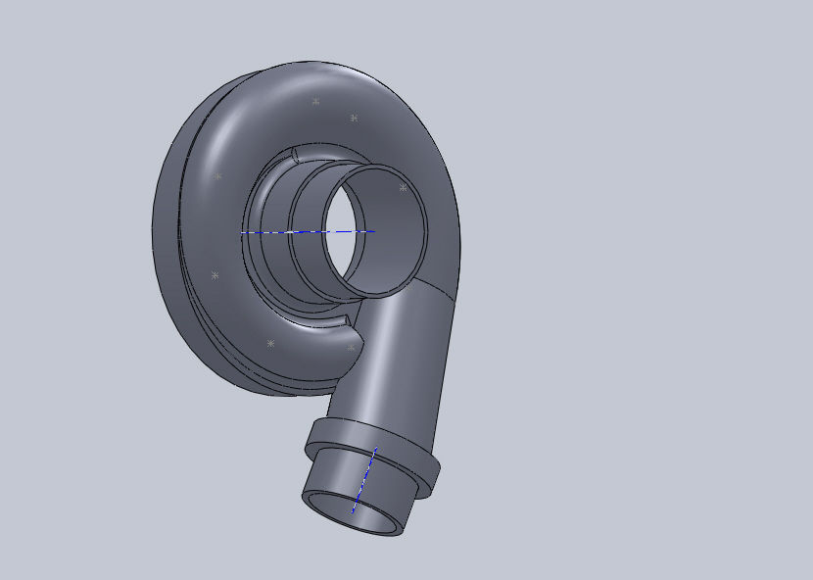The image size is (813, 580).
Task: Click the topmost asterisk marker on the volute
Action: (x=315, y=101)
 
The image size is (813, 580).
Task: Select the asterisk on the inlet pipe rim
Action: (x=403, y=187)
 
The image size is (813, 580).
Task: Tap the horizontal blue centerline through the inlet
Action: (x=294, y=232)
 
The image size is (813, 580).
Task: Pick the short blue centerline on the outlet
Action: (x=364, y=479)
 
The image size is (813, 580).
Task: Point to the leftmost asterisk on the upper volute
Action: (x=217, y=176)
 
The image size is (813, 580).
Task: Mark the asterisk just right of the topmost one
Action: (x=354, y=118)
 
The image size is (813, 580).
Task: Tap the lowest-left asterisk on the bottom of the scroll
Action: (x=270, y=343)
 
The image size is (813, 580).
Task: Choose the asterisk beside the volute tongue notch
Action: (x=352, y=347)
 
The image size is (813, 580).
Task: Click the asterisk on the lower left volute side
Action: (x=215, y=275)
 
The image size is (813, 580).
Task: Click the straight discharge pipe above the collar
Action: (x=392, y=362)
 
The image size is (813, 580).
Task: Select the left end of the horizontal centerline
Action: (x=243, y=232)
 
